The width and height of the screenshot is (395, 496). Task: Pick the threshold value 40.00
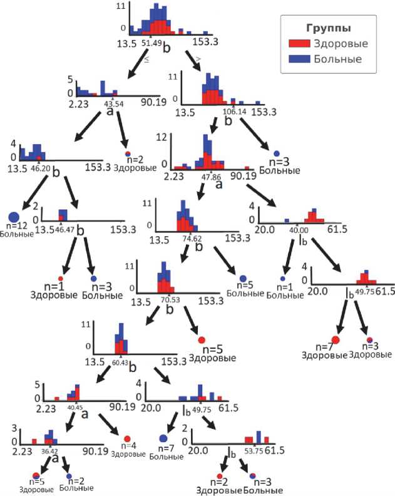[x=296, y=230]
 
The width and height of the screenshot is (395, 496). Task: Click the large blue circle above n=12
[x=14, y=200]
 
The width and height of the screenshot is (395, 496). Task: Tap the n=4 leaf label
[x=127, y=446]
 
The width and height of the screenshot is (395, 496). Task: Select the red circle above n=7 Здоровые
[x=336, y=340]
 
